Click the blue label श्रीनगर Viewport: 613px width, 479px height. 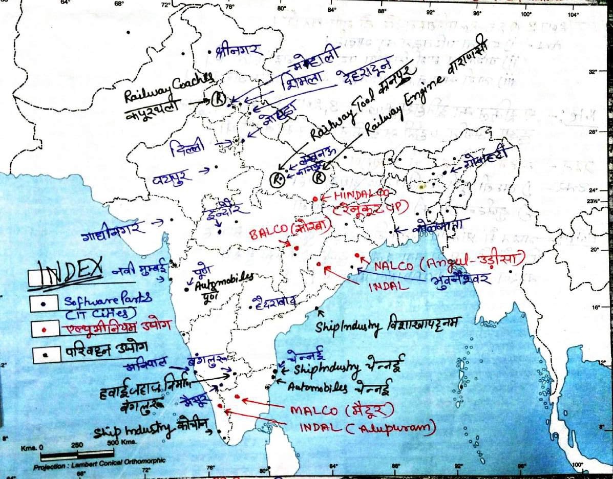(239, 50)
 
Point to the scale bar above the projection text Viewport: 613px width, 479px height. (77, 454)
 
